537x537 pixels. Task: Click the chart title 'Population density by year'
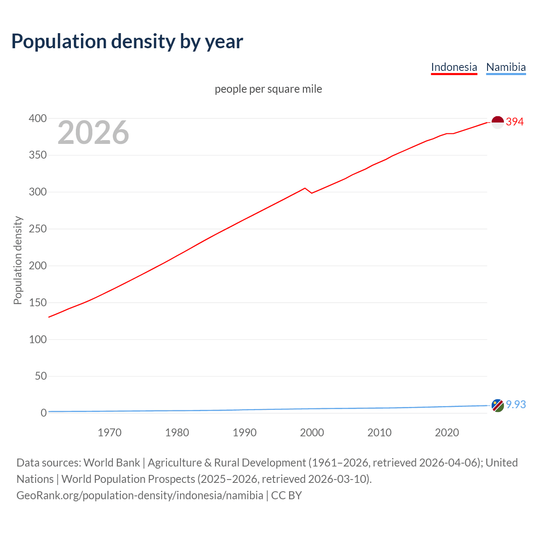click(x=127, y=42)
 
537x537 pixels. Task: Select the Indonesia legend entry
click(x=454, y=67)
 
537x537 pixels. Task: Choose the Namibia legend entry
click(x=506, y=67)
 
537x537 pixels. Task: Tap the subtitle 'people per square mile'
click(x=268, y=89)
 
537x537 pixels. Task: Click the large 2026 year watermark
click(x=93, y=133)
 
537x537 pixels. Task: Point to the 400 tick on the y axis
click(x=38, y=119)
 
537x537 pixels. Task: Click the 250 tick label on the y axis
click(x=38, y=229)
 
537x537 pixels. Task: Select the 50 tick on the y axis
click(x=41, y=376)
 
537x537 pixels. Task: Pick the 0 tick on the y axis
click(x=44, y=413)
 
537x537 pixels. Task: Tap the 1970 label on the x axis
click(x=109, y=433)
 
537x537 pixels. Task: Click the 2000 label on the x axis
click(x=312, y=433)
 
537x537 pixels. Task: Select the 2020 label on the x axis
click(x=447, y=433)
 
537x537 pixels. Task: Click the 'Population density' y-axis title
click(x=18, y=260)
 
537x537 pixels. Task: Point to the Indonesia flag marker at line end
click(x=498, y=123)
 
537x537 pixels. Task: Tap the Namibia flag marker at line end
click(x=498, y=406)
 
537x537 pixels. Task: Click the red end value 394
click(x=515, y=122)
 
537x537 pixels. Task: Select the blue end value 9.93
click(x=516, y=404)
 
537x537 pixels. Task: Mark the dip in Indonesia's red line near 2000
click(x=312, y=193)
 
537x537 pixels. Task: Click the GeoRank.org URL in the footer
click(x=140, y=495)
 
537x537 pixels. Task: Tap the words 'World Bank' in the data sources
click(x=112, y=463)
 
